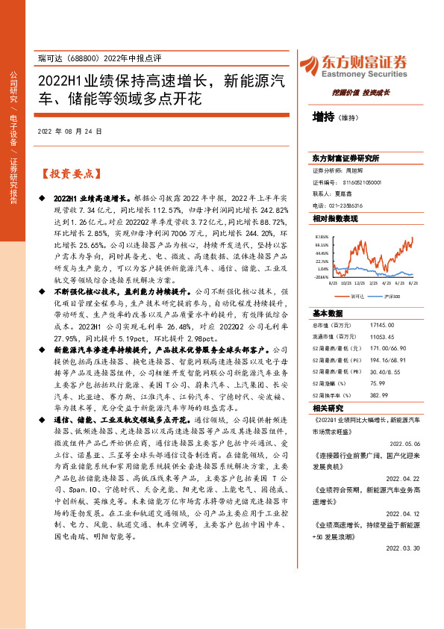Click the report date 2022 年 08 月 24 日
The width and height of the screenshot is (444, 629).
coord(69,132)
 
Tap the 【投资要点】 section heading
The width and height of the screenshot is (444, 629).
coord(69,175)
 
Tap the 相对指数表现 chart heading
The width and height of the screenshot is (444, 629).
coord(335,218)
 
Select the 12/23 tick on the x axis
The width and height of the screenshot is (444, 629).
coord(360,284)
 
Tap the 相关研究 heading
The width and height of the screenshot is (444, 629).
coord(326,409)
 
